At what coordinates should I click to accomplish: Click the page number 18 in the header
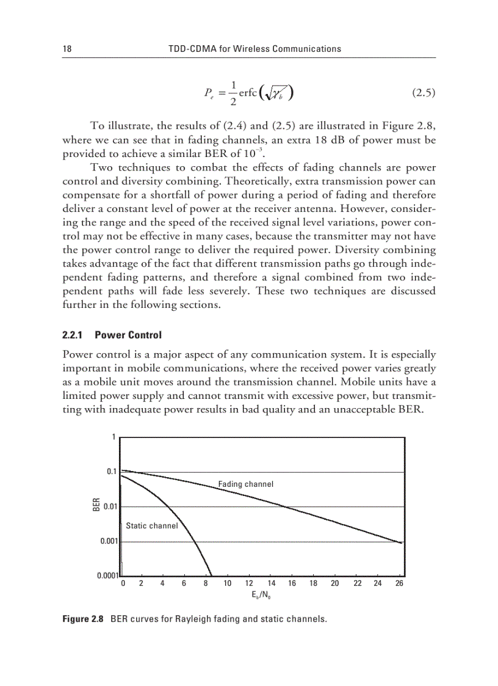[67, 49]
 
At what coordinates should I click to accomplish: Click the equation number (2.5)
[420, 93]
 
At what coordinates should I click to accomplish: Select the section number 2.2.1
[74, 335]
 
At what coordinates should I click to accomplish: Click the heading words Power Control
[128, 335]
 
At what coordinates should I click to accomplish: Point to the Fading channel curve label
[245, 484]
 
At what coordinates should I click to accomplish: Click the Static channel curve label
[151, 525]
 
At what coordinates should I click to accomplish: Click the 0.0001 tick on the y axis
[108, 575]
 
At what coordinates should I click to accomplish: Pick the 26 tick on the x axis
[399, 584]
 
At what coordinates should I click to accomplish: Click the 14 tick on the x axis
[272, 584]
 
